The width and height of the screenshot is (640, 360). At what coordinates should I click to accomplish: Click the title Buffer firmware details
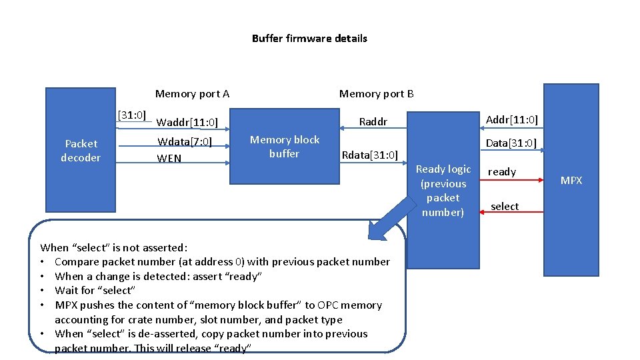click(x=309, y=39)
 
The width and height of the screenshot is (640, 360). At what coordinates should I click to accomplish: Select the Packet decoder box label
click(x=81, y=151)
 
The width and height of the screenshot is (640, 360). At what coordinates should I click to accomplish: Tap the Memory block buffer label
click(x=285, y=147)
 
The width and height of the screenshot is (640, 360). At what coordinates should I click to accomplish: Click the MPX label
click(x=571, y=181)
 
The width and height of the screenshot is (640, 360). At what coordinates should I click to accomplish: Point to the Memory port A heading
click(x=192, y=94)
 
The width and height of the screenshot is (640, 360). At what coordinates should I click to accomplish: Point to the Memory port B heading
click(x=376, y=94)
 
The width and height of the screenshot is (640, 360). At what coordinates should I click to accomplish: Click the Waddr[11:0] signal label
click(x=187, y=122)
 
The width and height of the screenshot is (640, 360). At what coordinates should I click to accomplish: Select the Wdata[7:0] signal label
click(x=185, y=141)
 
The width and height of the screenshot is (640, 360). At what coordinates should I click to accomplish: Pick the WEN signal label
click(x=169, y=159)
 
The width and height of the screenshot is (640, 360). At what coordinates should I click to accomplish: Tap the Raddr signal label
click(x=373, y=122)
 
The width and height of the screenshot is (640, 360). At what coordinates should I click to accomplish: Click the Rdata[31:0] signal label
click(x=369, y=156)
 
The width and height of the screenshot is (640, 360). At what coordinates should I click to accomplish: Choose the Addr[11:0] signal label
click(x=511, y=120)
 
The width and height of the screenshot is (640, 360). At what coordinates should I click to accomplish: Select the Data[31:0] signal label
click(x=511, y=143)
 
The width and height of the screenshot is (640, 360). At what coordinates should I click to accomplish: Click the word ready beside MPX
click(x=502, y=172)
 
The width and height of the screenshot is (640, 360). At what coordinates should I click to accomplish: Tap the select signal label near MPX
click(x=505, y=207)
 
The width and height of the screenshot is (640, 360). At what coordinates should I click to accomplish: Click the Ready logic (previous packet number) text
click(x=443, y=191)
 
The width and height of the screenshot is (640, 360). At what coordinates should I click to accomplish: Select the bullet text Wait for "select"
click(x=95, y=291)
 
